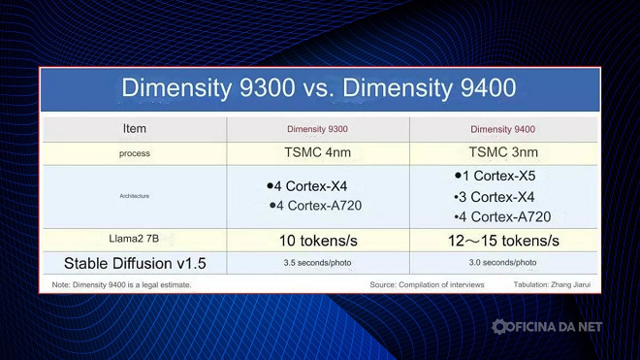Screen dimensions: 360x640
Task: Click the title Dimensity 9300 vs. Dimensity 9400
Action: point(318,88)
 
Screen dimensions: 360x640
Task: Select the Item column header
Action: point(135,128)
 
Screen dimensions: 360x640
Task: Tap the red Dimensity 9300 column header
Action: point(318,129)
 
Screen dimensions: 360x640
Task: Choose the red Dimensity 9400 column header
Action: point(502,129)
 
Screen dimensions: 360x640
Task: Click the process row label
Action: point(135,153)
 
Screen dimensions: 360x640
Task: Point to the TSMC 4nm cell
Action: point(318,152)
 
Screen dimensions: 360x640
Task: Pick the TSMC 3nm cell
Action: point(502,152)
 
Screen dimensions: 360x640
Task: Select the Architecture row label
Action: point(135,196)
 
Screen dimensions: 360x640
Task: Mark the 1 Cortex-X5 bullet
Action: point(495,177)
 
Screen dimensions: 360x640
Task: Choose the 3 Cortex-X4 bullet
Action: point(495,197)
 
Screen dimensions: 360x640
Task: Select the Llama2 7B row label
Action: point(135,239)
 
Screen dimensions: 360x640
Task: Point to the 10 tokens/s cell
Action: point(318,240)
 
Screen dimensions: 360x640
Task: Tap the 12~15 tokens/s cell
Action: point(502,240)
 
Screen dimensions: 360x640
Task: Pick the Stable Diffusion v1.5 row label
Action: point(135,263)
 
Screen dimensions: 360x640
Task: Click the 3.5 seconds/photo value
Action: point(318,263)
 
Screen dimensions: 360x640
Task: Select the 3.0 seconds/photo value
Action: point(502,263)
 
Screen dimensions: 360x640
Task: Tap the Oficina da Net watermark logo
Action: point(547,327)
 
